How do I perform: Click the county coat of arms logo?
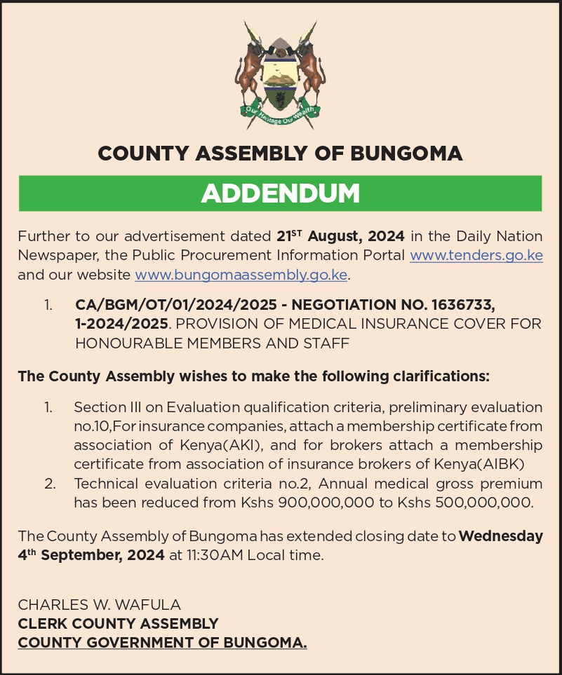coord(281,74)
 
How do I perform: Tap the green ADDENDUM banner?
coord(281,193)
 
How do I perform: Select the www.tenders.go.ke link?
coord(476,255)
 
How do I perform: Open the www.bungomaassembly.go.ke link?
coord(241,274)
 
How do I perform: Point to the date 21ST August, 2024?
coord(340,236)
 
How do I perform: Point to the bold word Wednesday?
coord(500,537)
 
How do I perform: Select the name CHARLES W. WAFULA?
coord(100,604)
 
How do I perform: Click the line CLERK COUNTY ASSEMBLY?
coord(118,623)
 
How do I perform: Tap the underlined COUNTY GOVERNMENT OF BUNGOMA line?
coord(162,642)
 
